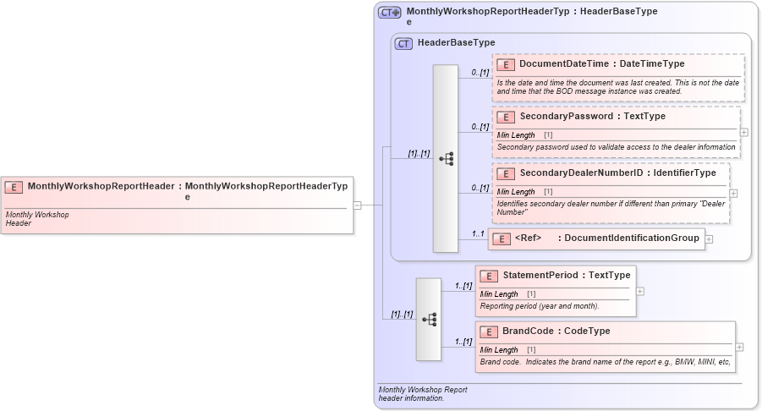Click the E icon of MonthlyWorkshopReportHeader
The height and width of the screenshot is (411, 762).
[14, 186]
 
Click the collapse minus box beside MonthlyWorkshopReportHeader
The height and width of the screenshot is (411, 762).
[358, 205]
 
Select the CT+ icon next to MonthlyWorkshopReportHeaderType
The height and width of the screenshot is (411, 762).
[390, 13]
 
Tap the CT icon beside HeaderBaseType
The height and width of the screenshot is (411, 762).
[404, 43]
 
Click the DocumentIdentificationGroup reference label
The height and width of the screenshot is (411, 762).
[631, 238]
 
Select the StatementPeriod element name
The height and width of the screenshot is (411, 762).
[540, 276]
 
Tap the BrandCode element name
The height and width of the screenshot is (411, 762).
[533, 332]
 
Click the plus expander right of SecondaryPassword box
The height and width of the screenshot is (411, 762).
[744, 132]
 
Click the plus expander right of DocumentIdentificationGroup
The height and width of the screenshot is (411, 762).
[709, 239]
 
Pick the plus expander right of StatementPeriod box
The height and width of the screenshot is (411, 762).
[640, 291]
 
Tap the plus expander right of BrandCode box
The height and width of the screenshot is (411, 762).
[740, 347]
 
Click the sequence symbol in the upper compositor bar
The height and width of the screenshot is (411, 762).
[446, 158]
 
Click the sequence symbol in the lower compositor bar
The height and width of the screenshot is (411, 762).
[429, 319]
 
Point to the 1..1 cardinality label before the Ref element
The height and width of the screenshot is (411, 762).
[479, 234]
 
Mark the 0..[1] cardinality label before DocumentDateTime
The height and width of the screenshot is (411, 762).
[480, 73]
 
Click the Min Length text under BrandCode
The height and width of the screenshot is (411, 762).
[499, 350]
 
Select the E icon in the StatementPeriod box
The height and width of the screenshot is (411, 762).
[489, 276]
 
